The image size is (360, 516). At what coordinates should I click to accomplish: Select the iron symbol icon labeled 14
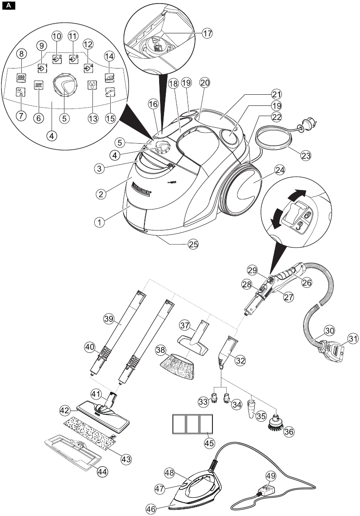pyautogui.click(x=109, y=77)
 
